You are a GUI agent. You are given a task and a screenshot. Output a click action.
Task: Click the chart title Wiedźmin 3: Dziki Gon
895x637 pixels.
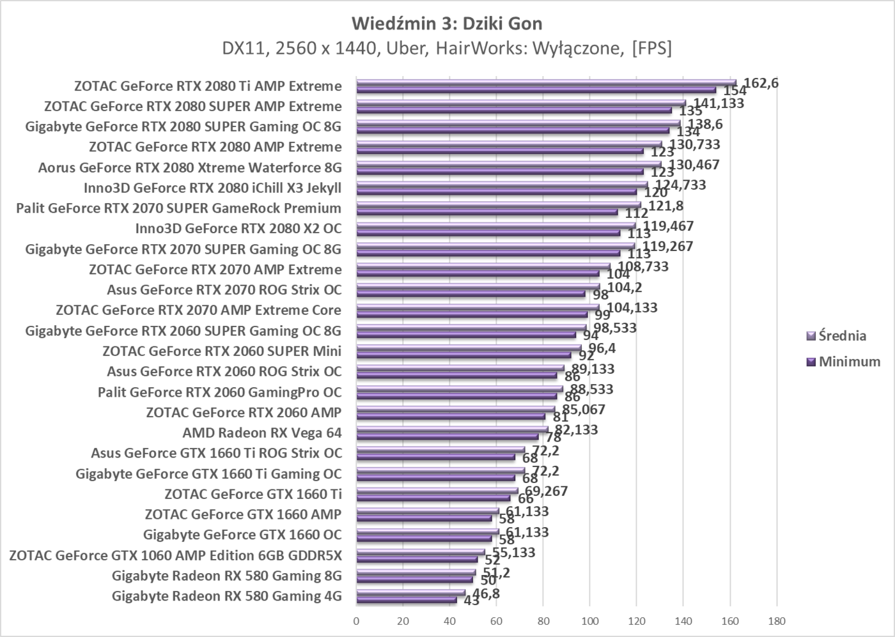[x=447, y=24]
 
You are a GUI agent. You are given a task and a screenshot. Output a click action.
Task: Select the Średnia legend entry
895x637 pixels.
[x=842, y=335]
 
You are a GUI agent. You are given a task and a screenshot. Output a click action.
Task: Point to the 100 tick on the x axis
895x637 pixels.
[x=589, y=621]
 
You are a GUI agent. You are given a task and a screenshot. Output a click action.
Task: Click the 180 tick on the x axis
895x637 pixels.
[x=776, y=621]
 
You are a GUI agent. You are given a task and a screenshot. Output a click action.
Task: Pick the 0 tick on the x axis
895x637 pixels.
[x=356, y=621]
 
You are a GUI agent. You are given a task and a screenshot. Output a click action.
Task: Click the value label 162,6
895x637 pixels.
[x=761, y=82]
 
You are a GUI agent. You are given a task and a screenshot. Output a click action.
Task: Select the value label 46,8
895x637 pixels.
[x=486, y=594]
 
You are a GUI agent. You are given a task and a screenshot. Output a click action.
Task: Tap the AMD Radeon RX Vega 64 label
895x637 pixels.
[x=262, y=433]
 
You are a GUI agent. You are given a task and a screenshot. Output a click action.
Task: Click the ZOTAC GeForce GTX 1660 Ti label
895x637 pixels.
[x=253, y=494]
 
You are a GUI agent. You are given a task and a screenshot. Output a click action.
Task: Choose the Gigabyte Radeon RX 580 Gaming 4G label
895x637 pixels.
[x=226, y=596]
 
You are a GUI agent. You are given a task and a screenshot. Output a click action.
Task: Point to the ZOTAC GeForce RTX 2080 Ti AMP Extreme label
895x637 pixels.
[x=208, y=86]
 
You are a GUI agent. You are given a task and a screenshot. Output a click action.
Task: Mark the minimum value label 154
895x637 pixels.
[x=735, y=91]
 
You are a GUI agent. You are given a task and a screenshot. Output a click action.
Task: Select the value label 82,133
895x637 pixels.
[x=576, y=430]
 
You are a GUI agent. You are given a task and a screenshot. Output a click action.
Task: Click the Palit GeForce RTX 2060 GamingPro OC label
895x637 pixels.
[x=220, y=392]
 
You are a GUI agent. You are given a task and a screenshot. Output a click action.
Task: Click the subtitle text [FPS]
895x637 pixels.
[x=651, y=49]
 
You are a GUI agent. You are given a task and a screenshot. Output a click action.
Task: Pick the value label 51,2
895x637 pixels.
[x=496, y=573]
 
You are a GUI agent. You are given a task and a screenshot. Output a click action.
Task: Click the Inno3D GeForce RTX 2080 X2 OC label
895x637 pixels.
[x=238, y=228]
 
